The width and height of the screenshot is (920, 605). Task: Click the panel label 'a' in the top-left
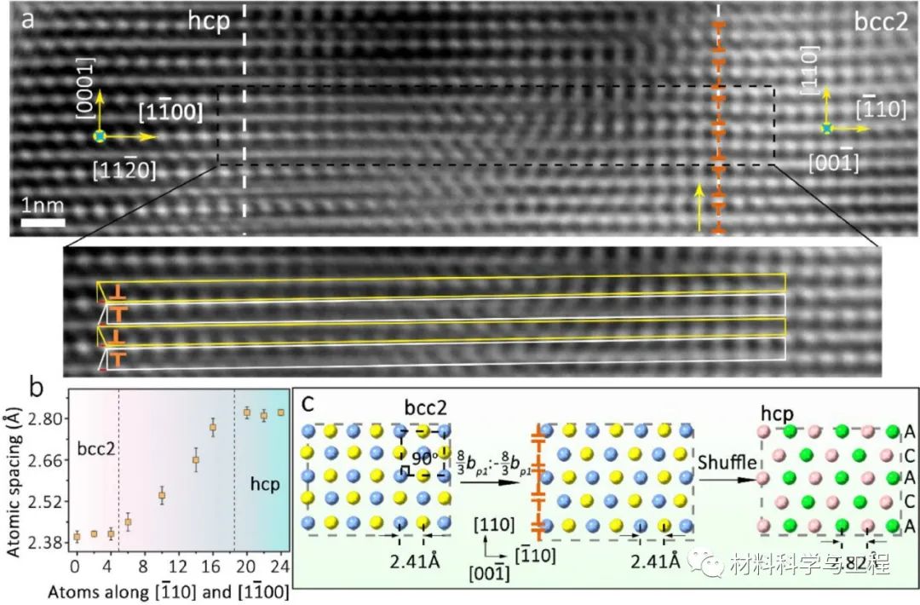(28, 20)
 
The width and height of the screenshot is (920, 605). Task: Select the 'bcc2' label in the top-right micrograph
(881, 22)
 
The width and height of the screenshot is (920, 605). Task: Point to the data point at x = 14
(196, 460)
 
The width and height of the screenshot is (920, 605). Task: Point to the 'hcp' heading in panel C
(778, 412)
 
